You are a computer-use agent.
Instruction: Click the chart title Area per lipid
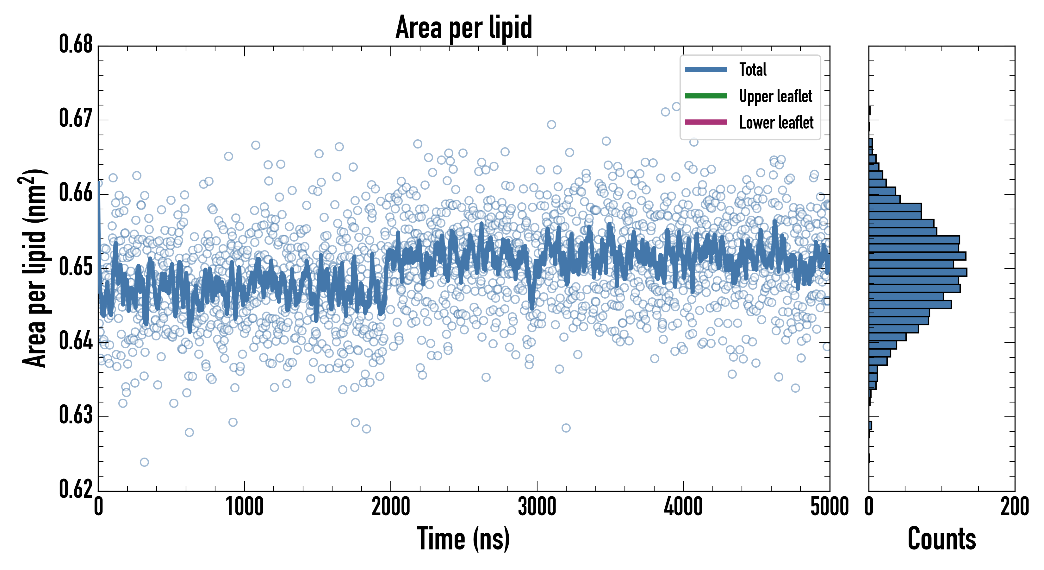pos(464,27)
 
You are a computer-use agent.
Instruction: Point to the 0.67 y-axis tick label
pos(76,118)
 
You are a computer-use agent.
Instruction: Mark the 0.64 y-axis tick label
pos(76,341)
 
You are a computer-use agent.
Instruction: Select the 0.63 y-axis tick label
pos(76,415)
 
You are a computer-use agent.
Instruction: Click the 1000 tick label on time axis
pos(244,507)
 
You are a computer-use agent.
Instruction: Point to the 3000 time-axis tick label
pos(537,507)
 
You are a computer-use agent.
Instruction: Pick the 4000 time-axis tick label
pos(683,507)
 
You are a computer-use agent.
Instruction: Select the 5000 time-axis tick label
pos(830,507)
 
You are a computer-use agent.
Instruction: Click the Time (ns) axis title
pos(464,539)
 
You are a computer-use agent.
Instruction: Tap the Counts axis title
pos(942,538)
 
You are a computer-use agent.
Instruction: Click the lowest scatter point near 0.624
pos(144,462)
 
